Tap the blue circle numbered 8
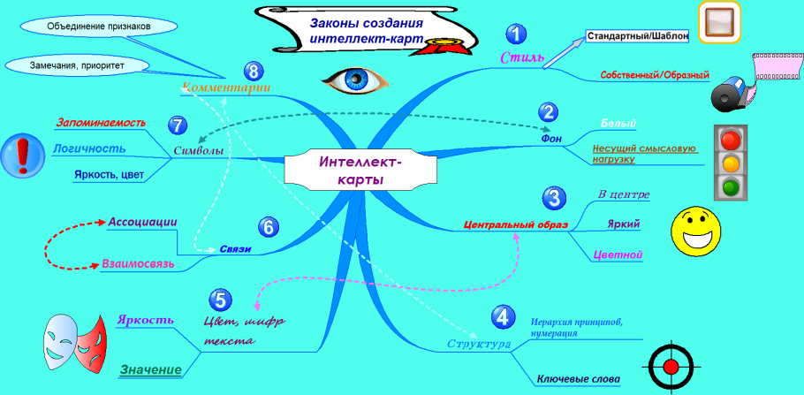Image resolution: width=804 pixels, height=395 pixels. click(254, 72)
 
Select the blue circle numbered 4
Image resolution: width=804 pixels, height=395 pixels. click(501, 316)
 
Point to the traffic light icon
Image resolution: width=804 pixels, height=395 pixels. click(729, 161)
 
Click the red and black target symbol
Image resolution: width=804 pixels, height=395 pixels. click(673, 365)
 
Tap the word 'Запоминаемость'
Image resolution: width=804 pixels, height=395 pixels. click(100, 123)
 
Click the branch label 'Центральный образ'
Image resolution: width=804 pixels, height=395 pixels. click(511, 224)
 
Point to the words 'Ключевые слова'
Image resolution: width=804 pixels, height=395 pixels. click(578, 380)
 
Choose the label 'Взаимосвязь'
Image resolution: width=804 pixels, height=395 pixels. click(137, 263)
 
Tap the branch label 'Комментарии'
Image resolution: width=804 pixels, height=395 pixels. click(225, 87)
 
